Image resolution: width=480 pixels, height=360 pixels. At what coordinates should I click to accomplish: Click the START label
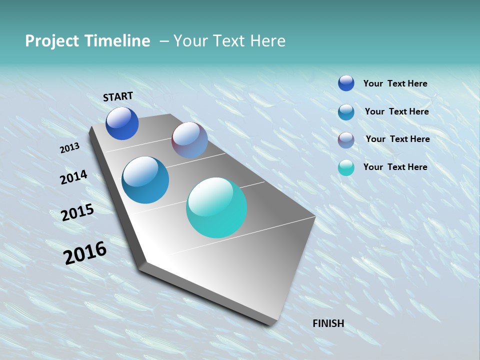click(x=118, y=96)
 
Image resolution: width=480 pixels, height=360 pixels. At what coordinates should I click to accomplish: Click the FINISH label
click(x=328, y=323)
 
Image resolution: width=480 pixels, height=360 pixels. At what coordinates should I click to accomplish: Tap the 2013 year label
click(x=69, y=148)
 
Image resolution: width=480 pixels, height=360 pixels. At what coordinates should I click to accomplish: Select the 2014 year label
click(x=73, y=177)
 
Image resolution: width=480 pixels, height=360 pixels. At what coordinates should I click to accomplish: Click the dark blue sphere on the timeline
click(x=122, y=123)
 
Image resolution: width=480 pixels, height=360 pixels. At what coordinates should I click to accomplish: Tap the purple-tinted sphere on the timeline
click(x=189, y=140)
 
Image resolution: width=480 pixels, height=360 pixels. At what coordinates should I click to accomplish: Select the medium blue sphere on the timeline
click(x=145, y=180)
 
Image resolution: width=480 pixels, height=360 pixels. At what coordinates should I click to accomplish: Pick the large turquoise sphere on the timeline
click(x=216, y=207)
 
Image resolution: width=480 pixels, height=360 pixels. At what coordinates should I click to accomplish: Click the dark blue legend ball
click(x=346, y=83)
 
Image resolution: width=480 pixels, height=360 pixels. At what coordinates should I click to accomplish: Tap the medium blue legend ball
click(x=346, y=112)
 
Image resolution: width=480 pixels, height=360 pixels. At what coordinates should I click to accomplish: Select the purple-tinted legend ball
click(x=346, y=140)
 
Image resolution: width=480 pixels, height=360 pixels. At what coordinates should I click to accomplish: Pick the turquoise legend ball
click(x=346, y=167)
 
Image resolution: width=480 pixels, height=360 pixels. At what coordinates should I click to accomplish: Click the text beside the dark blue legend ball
click(x=395, y=83)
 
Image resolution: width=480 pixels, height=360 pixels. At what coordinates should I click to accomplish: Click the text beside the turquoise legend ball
click(x=395, y=167)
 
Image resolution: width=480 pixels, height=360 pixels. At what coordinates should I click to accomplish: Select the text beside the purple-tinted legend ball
click(x=397, y=139)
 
